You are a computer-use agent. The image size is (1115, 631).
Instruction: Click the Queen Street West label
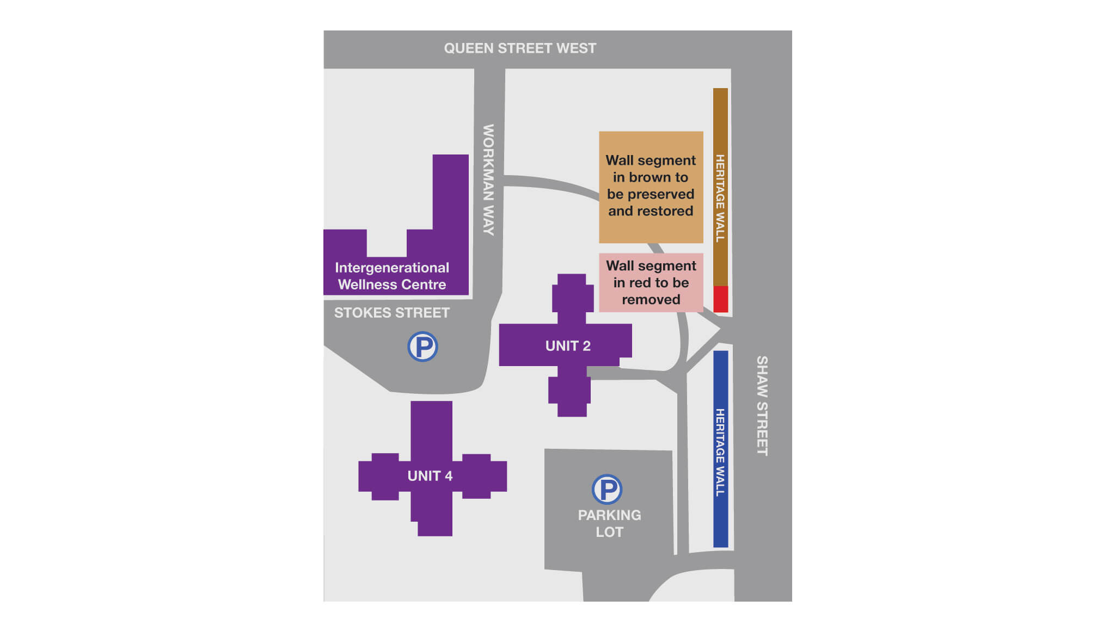tap(520, 48)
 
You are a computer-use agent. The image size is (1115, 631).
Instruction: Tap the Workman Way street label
tap(488, 180)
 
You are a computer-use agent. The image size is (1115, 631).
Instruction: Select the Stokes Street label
tap(392, 313)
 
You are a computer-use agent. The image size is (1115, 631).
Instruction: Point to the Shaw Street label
tap(762, 405)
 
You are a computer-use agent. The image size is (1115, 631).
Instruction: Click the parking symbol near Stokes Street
tap(422, 347)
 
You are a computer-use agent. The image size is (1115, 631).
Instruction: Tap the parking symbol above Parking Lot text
tap(607, 489)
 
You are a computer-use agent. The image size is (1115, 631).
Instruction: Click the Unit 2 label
tap(568, 346)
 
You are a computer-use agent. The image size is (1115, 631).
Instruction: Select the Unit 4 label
tap(430, 476)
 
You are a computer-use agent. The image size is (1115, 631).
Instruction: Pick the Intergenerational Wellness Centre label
tap(392, 276)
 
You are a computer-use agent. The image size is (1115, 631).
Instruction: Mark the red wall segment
tap(720, 299)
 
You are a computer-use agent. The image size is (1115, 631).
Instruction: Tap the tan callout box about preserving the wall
tap(651, 187)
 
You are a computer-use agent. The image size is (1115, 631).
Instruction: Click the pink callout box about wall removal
tap(651, 282)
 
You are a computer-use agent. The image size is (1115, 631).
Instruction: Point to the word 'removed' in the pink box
tap(651, 300)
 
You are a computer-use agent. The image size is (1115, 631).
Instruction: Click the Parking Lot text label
tap(609, 523)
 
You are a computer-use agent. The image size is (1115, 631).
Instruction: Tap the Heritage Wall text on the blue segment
tap(720, 452)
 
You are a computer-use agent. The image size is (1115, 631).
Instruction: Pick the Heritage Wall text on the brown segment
tap(720, 198)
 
